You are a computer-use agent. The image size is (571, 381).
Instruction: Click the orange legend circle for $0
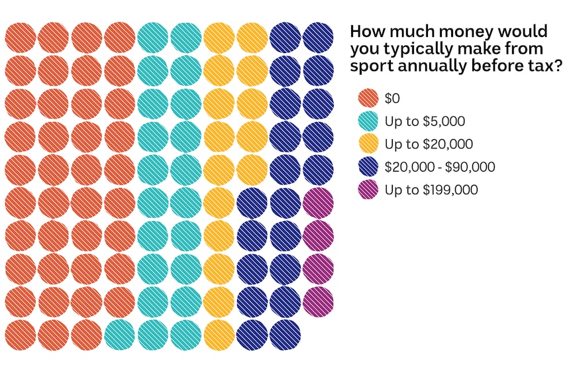(x=368, y=99)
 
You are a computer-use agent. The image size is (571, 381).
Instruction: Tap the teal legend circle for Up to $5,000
(x=368, y=121)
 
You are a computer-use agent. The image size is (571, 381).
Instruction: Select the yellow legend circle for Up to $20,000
(x=368, y=144)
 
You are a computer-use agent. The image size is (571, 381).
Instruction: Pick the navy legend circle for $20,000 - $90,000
(x=368, y=167)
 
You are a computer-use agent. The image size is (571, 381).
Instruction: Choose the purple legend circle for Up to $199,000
(x=368, y=190)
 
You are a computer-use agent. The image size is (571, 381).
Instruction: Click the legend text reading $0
(x=392, y=99)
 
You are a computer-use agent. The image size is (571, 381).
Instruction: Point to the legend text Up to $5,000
(x=425, y=121)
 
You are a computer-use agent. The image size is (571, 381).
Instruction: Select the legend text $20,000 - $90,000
(x=440, y=167)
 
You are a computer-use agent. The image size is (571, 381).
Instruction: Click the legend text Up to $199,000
(x=431, y=190)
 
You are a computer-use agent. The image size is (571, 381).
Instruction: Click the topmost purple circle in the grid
(x=318, y=203)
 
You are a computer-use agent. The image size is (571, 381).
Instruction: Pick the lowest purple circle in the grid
(x=318, y=301)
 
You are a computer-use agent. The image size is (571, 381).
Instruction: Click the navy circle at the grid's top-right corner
(x=318, y=37)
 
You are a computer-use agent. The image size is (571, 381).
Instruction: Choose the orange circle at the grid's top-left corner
(x=20, y=37)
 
